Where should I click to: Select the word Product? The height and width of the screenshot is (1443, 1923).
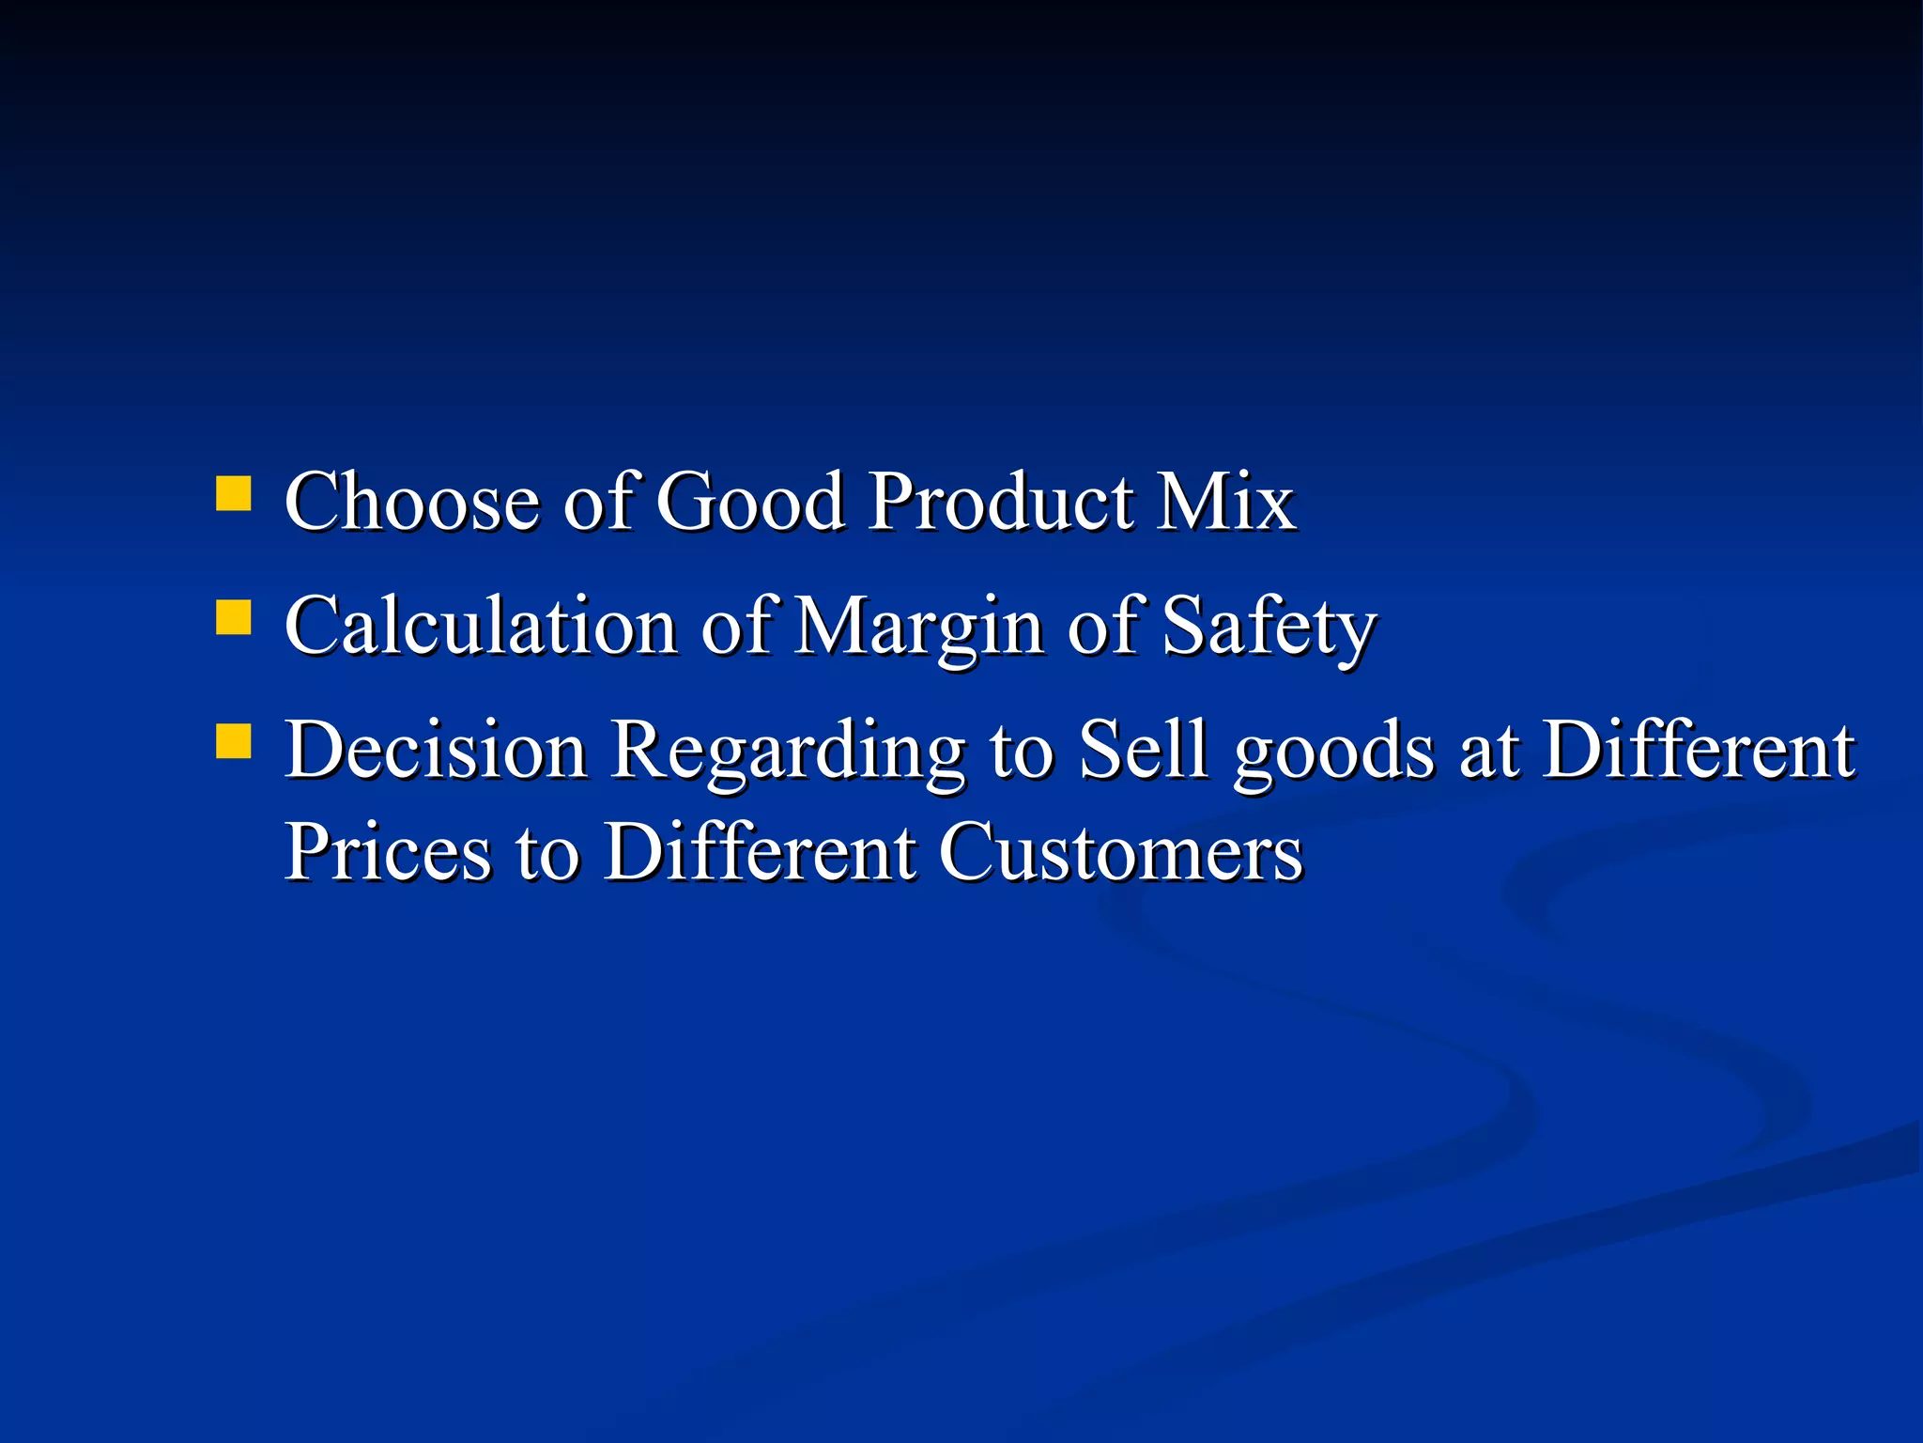tap(999, 502)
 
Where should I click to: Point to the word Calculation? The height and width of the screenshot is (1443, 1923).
tap(480, 627)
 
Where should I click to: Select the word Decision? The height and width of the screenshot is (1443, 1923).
tap(436, 751)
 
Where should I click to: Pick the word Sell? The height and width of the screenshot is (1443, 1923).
tap(1142, 751)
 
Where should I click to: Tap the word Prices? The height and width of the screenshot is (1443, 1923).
tap(388, 852)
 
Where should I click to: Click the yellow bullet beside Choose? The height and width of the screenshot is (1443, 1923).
tap(233, 493)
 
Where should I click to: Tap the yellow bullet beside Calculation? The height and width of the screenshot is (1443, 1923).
tap(233, 618)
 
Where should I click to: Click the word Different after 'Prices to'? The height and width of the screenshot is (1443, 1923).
tap(759, 852)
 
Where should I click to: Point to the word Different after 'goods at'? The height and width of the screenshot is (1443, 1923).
tap(1698, 751)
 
